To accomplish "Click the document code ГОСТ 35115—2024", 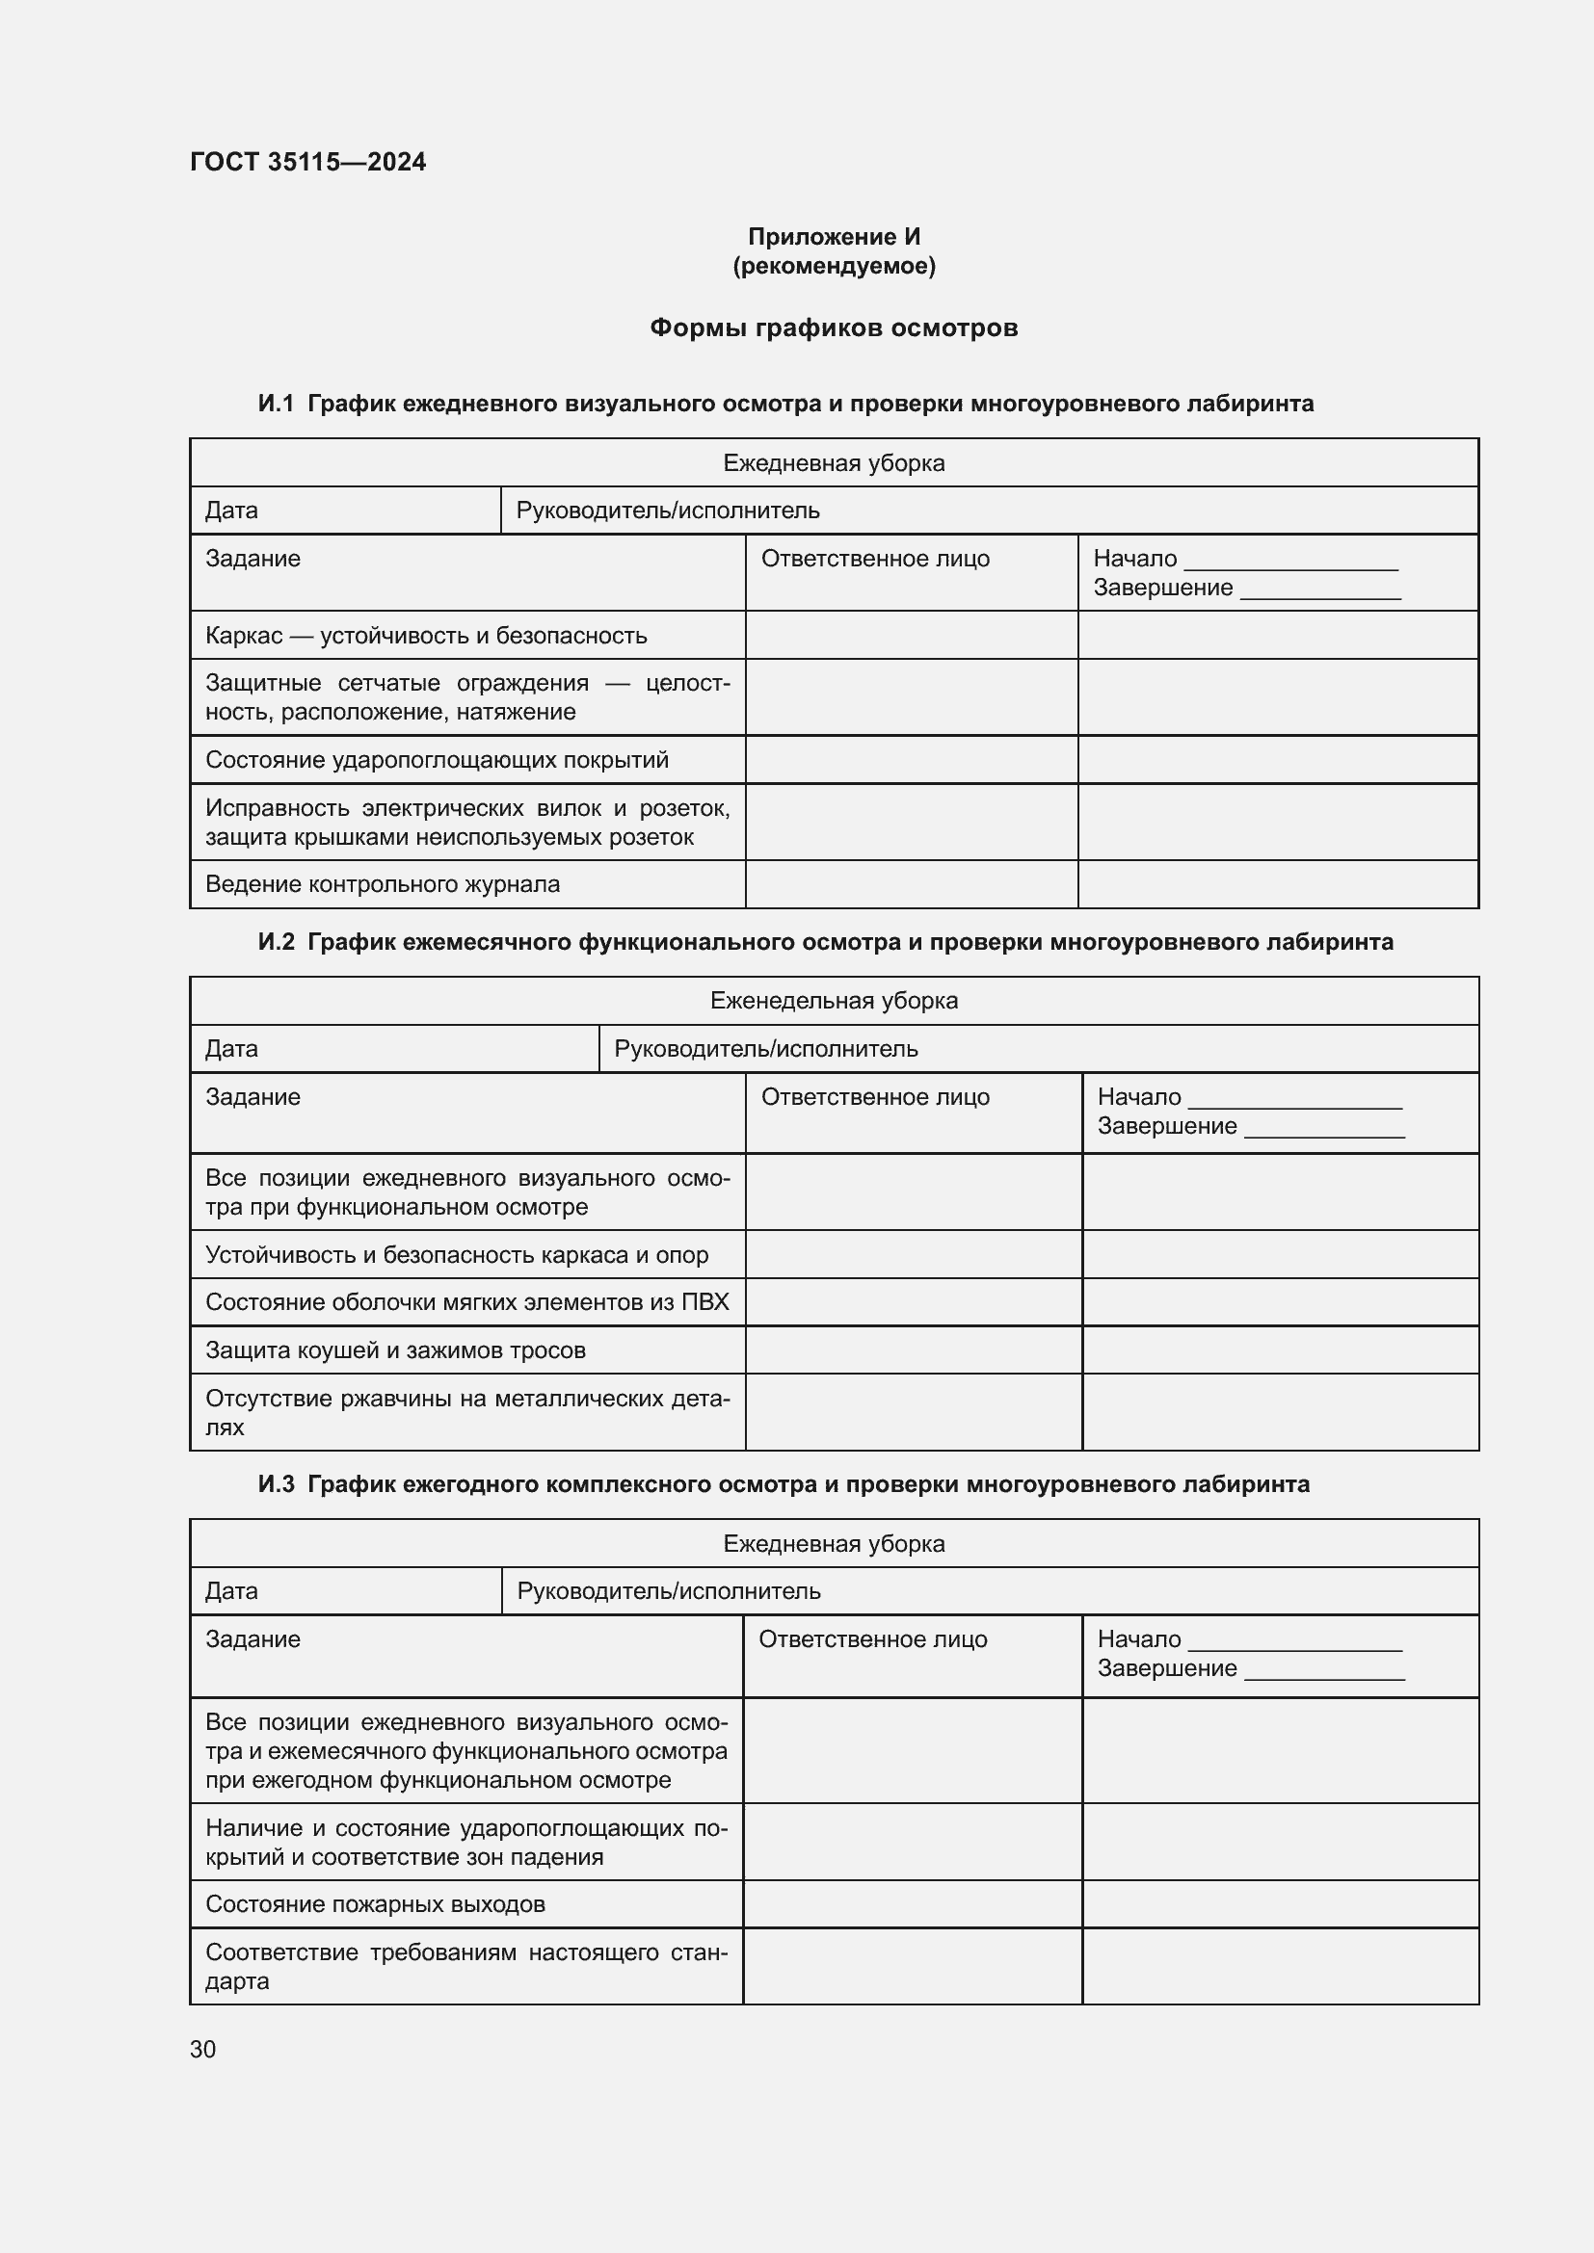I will click(307, 162).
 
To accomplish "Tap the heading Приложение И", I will click(834, 237).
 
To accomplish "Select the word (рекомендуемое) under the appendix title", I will click(834, 266).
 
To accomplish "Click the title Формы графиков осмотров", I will click(834, 327).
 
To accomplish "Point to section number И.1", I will click(276, 404).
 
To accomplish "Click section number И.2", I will click(276, 942).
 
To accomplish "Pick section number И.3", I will click(276, 1483).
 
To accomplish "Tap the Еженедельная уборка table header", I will click(834, 1001).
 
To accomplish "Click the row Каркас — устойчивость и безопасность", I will click(426, 636).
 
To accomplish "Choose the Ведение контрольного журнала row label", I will click(383, 884).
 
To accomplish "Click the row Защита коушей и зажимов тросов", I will click(395, 1350).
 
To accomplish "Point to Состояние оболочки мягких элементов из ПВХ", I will click(467, 1302).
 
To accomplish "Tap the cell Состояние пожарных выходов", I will click(375, 1903).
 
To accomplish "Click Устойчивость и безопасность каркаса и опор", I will click(457, 1255).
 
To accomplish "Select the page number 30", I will click(203, 2049).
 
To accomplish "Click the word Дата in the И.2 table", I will click(231, 1049).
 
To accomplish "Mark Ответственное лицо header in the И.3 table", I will click(872, 1638).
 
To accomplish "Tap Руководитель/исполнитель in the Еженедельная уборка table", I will click(765, 1049).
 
